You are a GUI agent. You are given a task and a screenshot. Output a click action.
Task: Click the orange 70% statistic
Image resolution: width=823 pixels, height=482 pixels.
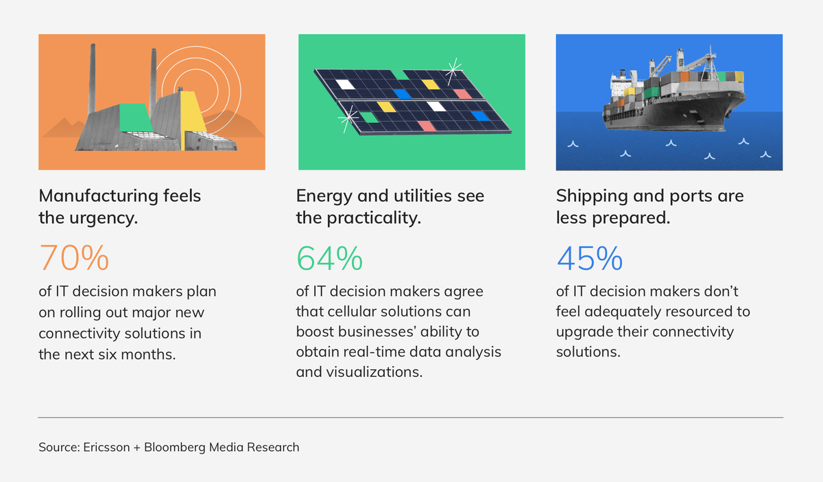tap(74, 258)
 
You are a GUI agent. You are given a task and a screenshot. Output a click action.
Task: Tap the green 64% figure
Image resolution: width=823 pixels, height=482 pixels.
tap(330, 258)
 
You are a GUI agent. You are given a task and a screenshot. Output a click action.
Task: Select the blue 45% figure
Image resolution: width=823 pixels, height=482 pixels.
tap(590, 258)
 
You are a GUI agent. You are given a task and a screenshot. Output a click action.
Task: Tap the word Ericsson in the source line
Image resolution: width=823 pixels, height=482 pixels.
tap(106, 447)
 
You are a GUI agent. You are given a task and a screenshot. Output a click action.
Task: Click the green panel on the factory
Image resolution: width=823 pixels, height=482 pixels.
tap(135, 117)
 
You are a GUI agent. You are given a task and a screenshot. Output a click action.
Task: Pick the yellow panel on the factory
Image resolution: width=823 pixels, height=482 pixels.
tap(193, 117)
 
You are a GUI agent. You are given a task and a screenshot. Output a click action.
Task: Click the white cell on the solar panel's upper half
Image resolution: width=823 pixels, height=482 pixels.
tap(345, 84)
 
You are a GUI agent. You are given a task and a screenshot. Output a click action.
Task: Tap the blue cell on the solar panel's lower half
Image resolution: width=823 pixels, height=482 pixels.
tap(480, 116)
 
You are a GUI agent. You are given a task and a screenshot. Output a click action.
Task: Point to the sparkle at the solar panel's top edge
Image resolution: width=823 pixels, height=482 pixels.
tap(453, 70)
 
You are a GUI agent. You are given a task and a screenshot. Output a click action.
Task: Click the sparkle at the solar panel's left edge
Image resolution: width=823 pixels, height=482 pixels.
tap(348, 118)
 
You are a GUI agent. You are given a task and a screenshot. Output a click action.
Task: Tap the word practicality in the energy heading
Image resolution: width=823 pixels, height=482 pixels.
tap(374, 218)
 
